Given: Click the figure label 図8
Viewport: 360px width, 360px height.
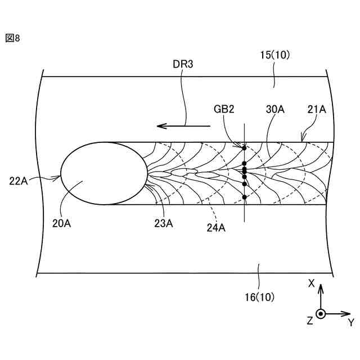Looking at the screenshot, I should click(12, 38).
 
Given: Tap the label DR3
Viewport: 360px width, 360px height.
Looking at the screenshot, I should click(183, 65).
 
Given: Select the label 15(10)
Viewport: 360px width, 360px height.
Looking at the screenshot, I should click(274, 55).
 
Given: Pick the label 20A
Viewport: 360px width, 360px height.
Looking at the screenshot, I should click(62, 223).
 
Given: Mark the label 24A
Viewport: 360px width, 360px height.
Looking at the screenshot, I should click(215, 227).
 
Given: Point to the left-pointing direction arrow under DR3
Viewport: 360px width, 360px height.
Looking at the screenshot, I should click(183, 126).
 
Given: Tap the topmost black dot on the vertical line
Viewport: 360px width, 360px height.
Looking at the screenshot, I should click(244, 148).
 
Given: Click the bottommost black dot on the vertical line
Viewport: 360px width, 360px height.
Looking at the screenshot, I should click(245, 197).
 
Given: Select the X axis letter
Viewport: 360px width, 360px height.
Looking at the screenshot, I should click(311, 284).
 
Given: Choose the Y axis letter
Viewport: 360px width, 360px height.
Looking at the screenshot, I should click(351, 322).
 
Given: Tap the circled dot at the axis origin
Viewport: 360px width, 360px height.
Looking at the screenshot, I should click(321, 314).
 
